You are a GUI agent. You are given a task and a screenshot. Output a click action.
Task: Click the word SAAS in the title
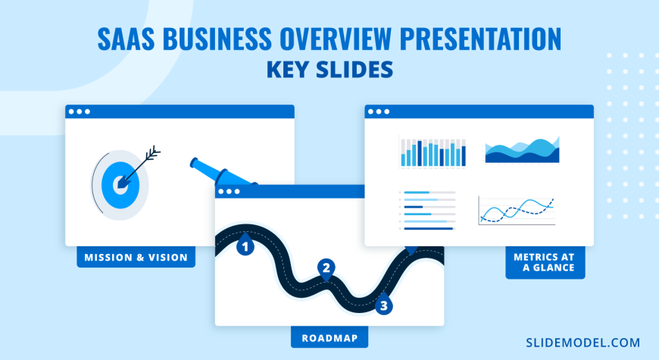point(126,39)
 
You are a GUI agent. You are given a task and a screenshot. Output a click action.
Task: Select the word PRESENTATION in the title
point(480,39)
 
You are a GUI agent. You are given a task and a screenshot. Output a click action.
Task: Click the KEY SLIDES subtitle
point(330,70)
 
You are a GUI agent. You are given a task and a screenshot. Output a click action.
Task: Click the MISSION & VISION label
point(136,258)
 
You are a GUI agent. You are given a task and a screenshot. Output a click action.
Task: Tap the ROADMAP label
point(329,338)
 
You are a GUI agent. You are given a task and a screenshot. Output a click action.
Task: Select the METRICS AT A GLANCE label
point(545,262)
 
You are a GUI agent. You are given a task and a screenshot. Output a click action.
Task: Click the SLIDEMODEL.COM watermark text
point(583,343)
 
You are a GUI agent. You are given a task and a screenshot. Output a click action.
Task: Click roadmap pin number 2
point(326,268)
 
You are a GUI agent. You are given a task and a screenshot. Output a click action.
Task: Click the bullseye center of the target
point(120,185)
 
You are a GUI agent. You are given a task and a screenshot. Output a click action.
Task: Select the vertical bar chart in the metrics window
point(433,152)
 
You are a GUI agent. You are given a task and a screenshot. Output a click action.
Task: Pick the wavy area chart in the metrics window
point(522,150)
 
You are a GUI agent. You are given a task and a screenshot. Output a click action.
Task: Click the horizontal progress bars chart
point(427,210)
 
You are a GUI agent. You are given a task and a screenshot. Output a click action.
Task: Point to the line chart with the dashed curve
point(517,211)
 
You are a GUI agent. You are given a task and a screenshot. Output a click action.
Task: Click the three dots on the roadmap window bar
point(229,192)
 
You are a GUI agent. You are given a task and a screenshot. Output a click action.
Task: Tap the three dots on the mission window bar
point(79,112)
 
